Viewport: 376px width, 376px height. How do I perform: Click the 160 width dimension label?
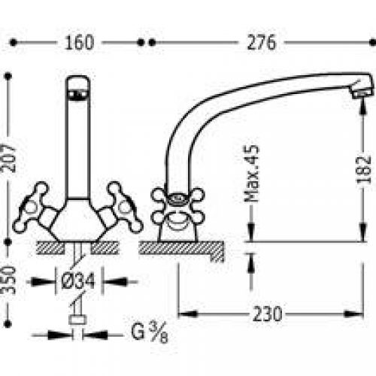pos(79,43)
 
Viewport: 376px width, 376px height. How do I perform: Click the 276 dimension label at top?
pos(261,42)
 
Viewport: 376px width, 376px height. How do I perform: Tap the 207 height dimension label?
pos(8,158)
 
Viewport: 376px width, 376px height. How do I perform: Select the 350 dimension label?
pos(8,280)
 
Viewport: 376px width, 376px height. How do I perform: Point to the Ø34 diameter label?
pos(78,281)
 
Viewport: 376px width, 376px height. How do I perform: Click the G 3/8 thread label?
pos(150,332)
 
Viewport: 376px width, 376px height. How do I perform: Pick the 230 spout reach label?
pos(267,314)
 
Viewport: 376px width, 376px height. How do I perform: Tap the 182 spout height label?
pos(364,170)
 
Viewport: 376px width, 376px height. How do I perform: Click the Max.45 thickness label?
pos(252,174)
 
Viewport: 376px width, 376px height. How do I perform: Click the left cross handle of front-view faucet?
pos(32,208)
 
